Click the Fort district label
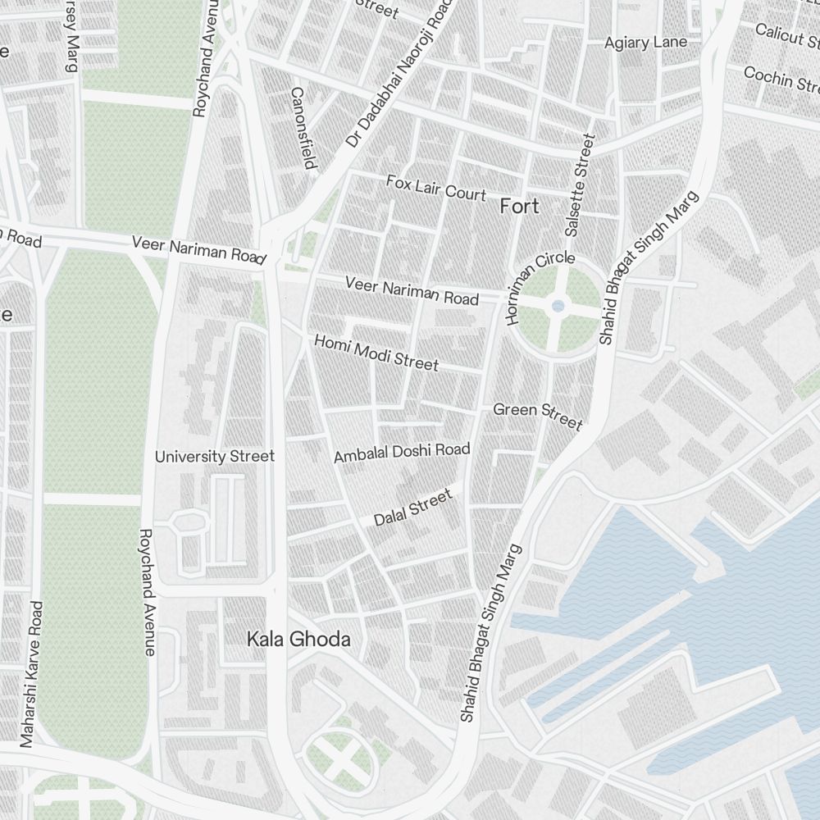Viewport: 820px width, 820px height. [x=520, y=206]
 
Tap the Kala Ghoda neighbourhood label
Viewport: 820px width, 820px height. [x=298, y=640]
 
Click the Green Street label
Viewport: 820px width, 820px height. [x=537, y=414]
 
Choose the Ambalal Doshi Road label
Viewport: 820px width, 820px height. [x=402, y=452]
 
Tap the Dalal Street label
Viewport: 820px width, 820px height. [x=412, y=508]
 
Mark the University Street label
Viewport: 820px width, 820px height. [x=215, y=456]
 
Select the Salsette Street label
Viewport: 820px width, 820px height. [x=578, y=184]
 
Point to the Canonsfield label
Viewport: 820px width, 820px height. [x=303, y=128]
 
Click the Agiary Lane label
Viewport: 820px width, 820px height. [x=645, y=43]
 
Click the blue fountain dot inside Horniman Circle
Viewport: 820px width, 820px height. [x=558, y=306]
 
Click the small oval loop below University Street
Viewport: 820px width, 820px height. [x=190, y=522]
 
